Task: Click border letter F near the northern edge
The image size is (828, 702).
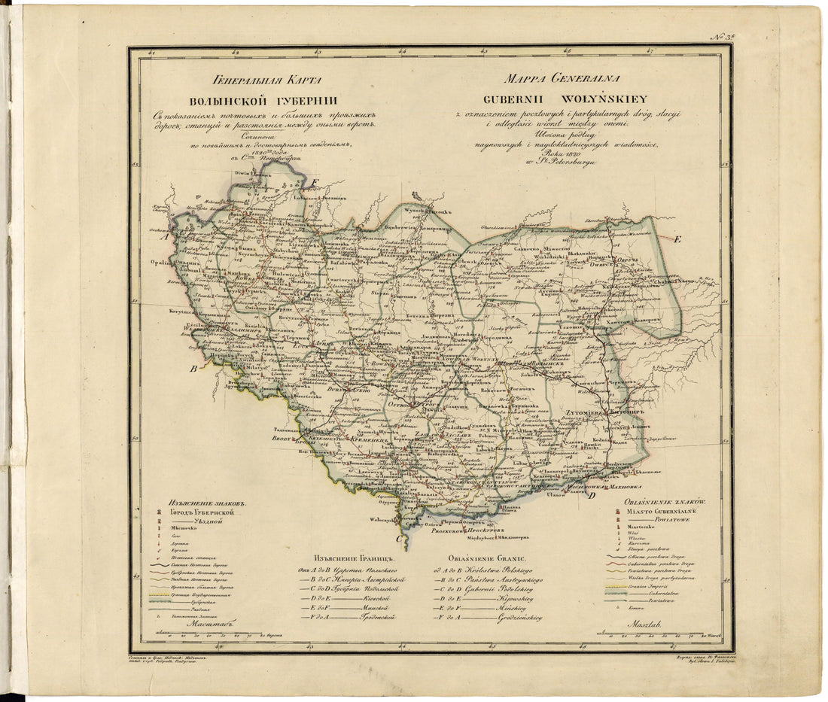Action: pyautogui.click(x=315, y=182)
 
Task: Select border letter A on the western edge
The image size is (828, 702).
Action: pyautogui.click(x=163, y=236)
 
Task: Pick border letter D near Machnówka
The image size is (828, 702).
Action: pyautogui.click(x=592, y=494)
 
